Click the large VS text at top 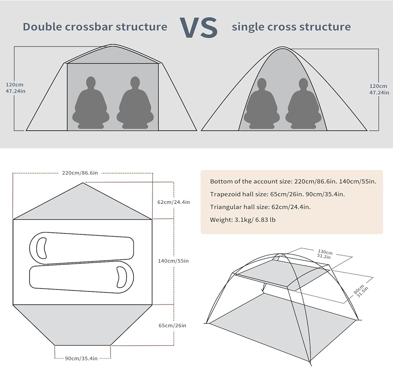point(199,27)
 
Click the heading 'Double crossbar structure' point(95,27)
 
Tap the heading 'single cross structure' point(291,27)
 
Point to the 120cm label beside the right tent point(379,89)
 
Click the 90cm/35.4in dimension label point(81,358)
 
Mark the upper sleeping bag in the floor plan point(82,248)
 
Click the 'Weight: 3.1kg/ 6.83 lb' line point(242,219)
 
